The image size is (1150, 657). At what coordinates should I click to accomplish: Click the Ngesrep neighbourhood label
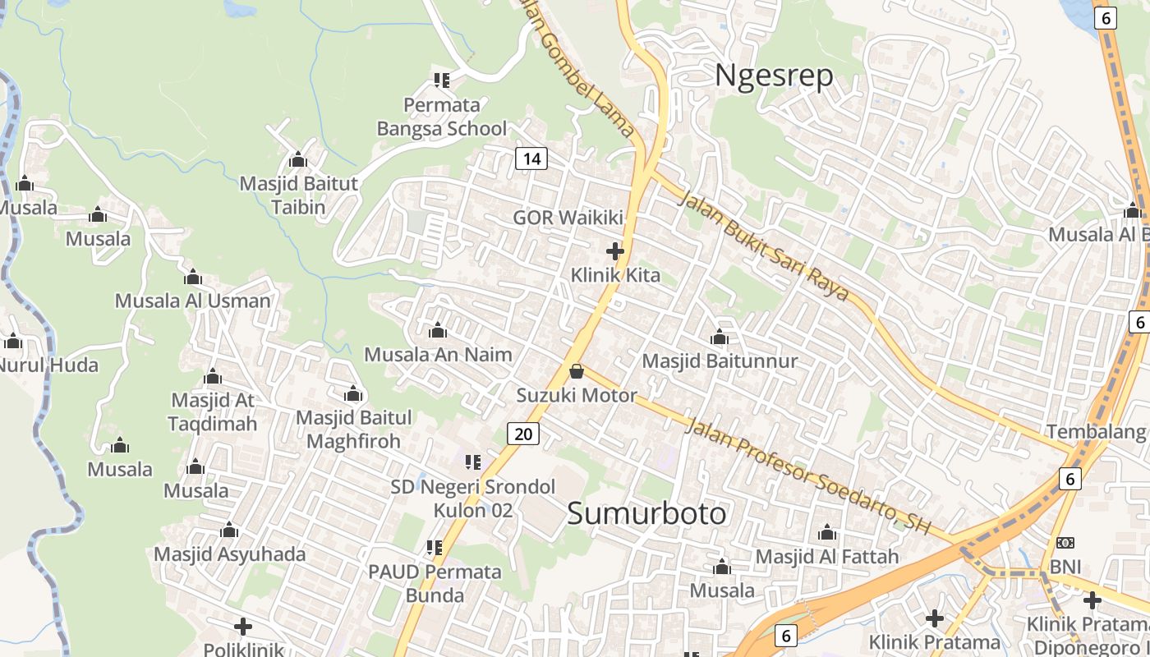[774, 75]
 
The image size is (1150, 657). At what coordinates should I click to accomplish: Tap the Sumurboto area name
[646, 513]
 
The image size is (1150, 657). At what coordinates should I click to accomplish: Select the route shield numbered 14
[531, 159]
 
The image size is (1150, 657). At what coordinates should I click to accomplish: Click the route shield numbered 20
[523, 434]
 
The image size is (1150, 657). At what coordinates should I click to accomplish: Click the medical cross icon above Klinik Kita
[614, 250]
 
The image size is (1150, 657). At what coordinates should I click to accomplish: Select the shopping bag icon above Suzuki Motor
[577, 371]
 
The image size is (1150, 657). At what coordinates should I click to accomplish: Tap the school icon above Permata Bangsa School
[442, 80]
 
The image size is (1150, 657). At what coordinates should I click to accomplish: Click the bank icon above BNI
[1065, 543]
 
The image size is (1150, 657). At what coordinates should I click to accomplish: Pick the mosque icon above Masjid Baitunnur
[720, 337]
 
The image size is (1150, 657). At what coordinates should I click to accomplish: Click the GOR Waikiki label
[568, 218]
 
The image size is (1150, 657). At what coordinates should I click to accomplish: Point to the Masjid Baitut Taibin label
[299, 195]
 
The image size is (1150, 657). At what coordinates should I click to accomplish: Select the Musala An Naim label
[438, 355]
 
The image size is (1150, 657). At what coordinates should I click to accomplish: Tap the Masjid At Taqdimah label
[213, 411]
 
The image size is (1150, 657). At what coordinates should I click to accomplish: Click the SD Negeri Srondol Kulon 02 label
[473, 498]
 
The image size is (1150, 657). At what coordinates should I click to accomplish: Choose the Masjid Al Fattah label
[827, 557]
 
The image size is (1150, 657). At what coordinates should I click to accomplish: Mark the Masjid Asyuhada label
[230, 554]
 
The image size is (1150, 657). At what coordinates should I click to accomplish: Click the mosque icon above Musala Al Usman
[193, 277]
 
